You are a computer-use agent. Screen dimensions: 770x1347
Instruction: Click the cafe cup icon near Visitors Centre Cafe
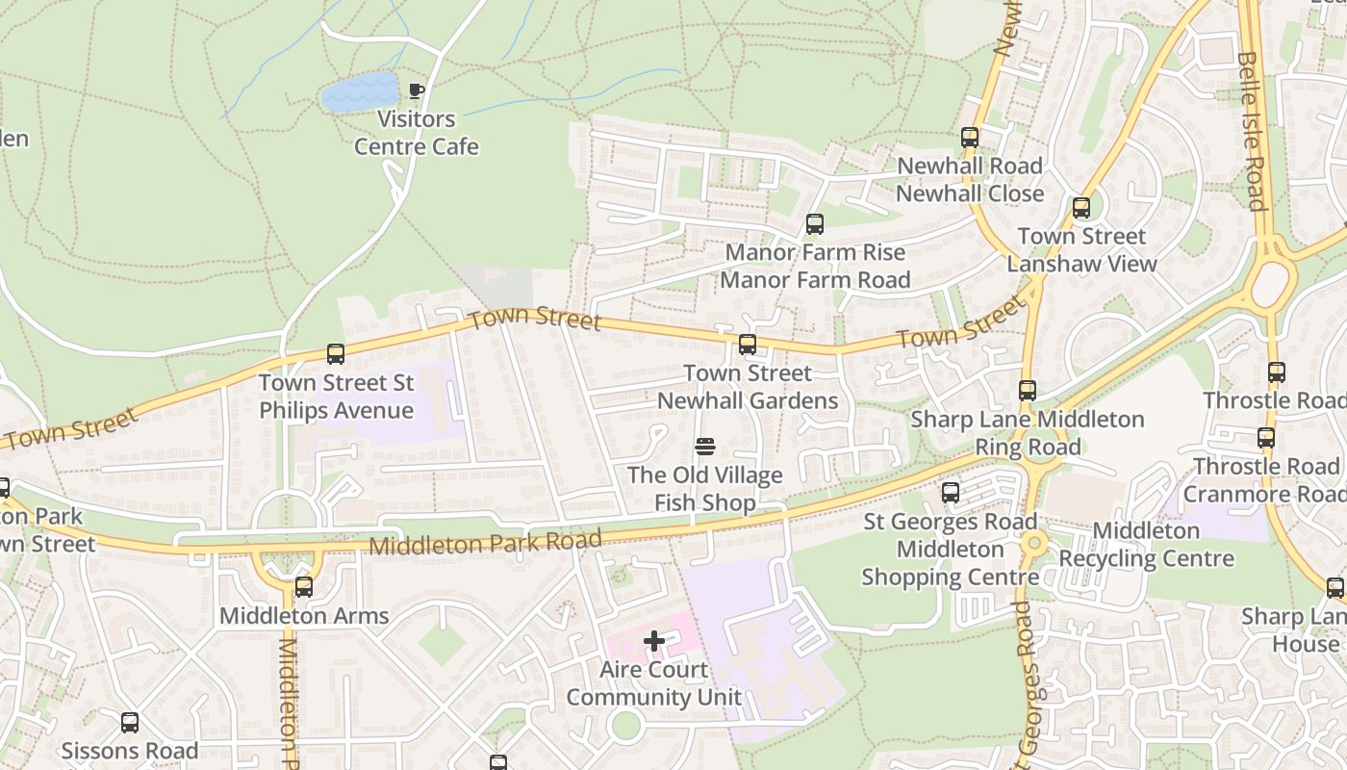(x=416, y=91)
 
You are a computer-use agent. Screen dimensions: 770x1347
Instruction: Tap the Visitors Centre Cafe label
(x=417, y=133)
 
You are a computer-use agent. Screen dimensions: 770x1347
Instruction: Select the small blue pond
(x=360, y=91)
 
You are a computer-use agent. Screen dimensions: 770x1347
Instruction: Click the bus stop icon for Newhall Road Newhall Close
(x=970, y=138)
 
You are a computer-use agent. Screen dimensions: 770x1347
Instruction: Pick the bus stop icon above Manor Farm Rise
(x=815, y=224)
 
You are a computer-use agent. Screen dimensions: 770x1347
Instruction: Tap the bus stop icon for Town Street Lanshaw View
(x=1081, y=208)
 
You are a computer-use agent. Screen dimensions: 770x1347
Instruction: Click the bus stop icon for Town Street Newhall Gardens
(x=748, y=345)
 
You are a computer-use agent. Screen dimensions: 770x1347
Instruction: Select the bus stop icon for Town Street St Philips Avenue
(x=336, y=354)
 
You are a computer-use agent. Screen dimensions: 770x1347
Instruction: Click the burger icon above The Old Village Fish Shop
(x=705, y=447)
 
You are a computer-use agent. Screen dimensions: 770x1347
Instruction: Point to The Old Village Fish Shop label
(x=705, y=489)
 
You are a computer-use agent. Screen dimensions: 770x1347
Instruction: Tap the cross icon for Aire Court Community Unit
(x=654, y=641)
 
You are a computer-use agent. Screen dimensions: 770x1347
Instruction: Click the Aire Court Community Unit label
(x=654, y=683)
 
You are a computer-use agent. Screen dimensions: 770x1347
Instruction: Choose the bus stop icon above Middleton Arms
(x=304, y=587)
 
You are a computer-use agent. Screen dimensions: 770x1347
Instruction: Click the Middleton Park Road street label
(x=486, y=543)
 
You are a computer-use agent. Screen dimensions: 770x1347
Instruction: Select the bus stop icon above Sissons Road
(x=130, y=722)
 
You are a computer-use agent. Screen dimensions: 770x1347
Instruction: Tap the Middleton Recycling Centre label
(x=1146, y=545)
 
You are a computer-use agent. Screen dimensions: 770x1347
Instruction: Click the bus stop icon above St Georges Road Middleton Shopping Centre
(x=951, y=493)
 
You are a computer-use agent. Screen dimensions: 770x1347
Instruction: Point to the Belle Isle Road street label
(x=1250, y=130)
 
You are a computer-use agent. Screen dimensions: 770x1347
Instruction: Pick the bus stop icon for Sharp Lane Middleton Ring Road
(x=1028, y=391)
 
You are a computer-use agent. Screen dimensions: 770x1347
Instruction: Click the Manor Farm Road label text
(x=815, y=280)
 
